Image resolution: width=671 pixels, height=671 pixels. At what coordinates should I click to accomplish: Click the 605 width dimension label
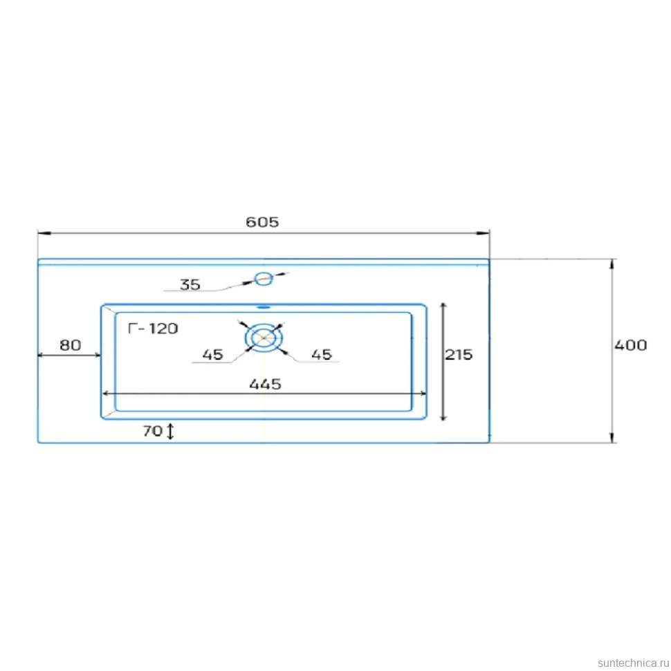click(262, 221)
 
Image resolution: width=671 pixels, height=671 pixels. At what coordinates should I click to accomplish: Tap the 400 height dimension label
click(630, 345)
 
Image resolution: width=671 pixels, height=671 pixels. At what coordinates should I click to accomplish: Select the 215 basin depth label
click(459, 354)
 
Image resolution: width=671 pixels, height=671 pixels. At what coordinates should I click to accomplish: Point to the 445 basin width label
click(266, 384)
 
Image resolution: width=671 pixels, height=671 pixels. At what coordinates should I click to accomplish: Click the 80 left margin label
click(70, 345)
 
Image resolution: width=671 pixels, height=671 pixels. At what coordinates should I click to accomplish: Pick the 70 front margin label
click(152, 430)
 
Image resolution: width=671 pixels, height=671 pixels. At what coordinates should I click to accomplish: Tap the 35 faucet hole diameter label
click(190, 284)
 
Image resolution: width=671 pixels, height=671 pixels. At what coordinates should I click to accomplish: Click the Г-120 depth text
click(153, 328)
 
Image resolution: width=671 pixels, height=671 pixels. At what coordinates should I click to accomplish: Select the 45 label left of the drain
click(212, 354)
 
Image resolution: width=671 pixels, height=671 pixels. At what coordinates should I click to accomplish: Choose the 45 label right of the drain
click(322, 354)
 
